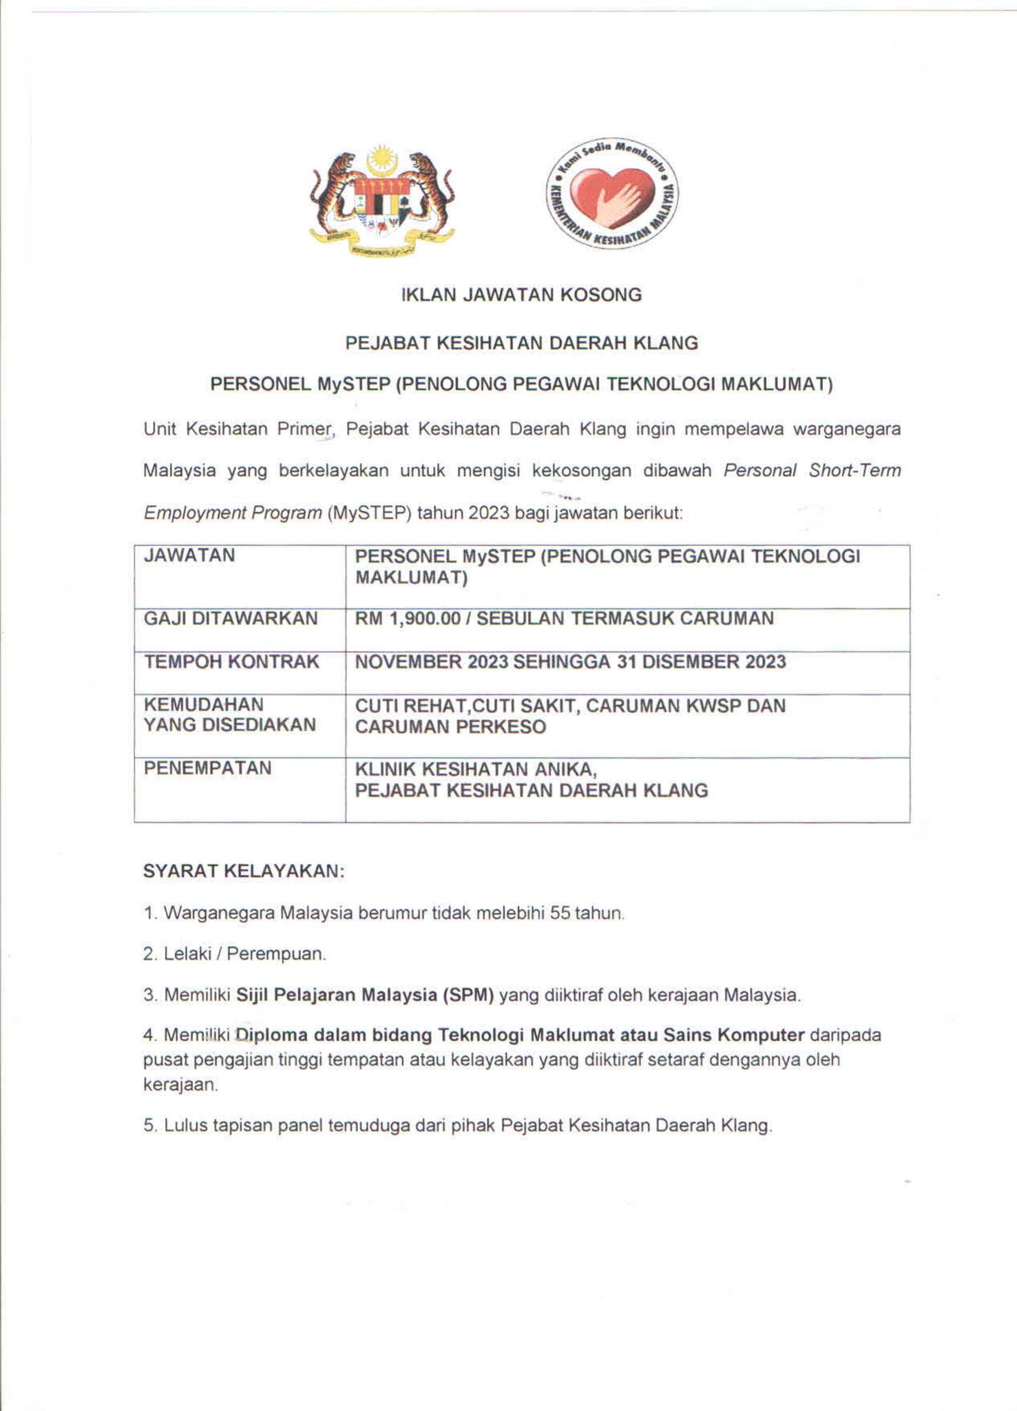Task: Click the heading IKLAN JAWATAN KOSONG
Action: (521, 295)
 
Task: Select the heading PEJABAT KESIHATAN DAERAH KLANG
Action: (521, 342)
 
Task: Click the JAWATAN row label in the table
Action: (189, 555)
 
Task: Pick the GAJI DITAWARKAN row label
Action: (231, 619)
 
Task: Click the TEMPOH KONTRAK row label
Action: (231, 662)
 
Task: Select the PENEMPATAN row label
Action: (207, 768)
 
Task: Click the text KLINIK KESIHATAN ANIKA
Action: (475, 769)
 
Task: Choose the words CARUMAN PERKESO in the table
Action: (450, 727)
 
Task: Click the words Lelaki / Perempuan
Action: (244, 954)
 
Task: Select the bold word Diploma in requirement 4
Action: (271, 1036)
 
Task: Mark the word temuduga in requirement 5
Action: (368, 1126)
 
